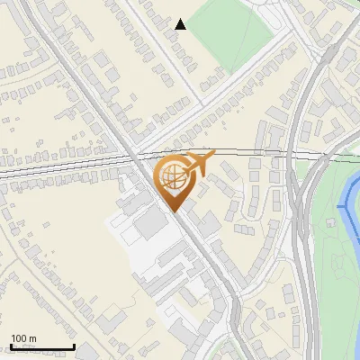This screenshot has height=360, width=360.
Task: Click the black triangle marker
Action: pyautogui.click(x=181, y=24)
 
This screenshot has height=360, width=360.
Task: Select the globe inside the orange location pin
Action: pyautogui.click(x=173, y=175)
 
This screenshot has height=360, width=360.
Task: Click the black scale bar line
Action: pyautogui.click(x=41, y=347)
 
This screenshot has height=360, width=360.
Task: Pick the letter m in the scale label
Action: pyautogui.click(x=32, y=339)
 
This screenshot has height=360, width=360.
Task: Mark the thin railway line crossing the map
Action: pyautogui.click(x=72, y=165)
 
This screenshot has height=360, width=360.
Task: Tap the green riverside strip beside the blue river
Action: pyautogui.click(x=335, y=270)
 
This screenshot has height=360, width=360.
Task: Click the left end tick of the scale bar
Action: pyautogui.click(x=10, y=346)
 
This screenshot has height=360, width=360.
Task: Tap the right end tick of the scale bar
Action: pyautogui.click(x=73, y=346)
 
